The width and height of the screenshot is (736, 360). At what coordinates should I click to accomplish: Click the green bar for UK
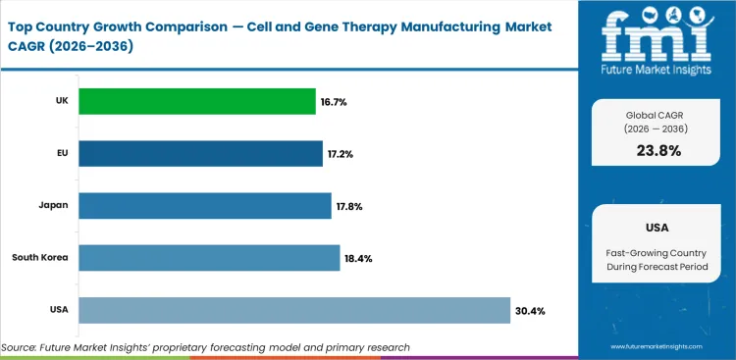196,101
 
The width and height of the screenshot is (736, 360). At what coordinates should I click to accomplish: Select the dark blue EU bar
200,154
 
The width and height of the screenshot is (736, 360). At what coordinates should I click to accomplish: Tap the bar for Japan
204,206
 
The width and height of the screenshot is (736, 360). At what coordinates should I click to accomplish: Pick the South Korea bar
209,258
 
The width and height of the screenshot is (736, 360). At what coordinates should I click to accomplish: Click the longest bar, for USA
293,310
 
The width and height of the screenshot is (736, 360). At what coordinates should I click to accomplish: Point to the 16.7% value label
334,102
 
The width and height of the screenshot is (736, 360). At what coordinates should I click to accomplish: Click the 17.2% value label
341,154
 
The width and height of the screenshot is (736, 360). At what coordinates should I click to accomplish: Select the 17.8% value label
348,206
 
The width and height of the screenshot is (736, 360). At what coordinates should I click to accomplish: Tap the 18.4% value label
357,259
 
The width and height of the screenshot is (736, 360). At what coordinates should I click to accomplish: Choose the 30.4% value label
529,311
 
